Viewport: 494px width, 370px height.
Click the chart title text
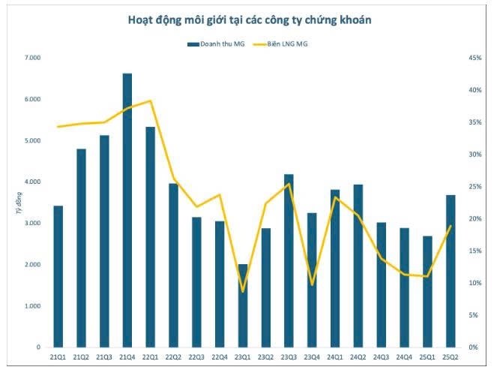pos(249,20)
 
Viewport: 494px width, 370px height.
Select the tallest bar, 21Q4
pos(127,210)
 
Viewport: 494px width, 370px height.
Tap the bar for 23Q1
pos(243,306)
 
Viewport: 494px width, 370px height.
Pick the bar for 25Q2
pos(451,271)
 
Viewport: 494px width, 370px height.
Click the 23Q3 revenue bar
pos(289,261)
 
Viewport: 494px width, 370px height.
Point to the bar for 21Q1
pos(58,277)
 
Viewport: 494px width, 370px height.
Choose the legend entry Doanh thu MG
pos(216,44)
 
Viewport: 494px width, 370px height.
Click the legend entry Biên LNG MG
pos(280,44)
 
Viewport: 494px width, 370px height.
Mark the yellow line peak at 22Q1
pos(151,101)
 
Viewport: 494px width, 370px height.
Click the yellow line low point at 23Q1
pos(243,291)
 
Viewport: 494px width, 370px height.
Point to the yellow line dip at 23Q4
pos(312,284)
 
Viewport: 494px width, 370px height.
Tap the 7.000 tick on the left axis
pos(33,58)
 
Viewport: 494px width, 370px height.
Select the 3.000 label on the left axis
pos(33,223)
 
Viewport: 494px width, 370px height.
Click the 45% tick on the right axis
pos(475,58)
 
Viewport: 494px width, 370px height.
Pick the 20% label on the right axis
pos(475,218)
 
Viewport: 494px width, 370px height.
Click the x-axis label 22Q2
pos(174,357)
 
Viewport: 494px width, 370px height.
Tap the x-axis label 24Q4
pos(404,357)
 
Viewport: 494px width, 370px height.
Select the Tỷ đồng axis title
pos(19,203)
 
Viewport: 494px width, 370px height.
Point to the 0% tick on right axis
pos(474,347)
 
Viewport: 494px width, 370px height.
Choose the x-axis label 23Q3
pos(289,357)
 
